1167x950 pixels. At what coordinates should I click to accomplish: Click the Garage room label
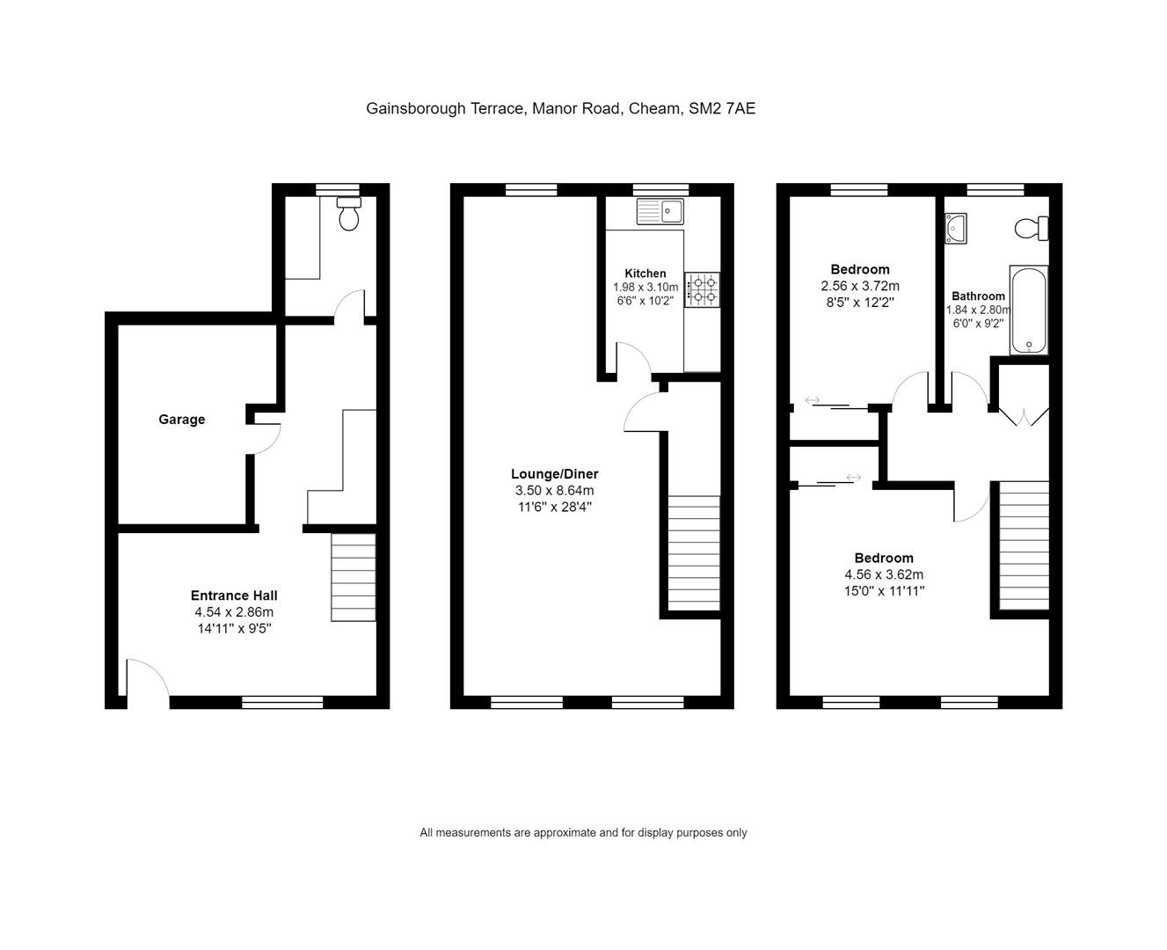tap(181, 420)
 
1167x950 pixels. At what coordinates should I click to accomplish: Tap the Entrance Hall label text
tap(234, 596)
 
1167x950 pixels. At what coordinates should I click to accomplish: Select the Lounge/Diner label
tap(554, 474)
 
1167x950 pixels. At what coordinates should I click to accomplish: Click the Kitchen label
tap(645, 274)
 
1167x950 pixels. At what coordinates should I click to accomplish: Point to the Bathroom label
tap(978, 296)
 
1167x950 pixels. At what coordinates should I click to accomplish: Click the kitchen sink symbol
tap(660, 211)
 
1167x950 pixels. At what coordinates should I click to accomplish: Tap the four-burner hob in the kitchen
tap(702, 289)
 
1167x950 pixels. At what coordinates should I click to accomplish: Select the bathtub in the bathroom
tap(1028, 311)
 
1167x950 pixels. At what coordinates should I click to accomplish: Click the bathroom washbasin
tap(955, 228)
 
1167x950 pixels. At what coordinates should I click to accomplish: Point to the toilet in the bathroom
tap(1031, 229)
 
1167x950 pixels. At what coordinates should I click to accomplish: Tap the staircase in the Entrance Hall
tap(353, 577)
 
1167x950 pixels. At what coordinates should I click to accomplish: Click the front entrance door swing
tap(147, 681)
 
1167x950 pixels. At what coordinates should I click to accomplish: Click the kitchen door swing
tap(633, 361)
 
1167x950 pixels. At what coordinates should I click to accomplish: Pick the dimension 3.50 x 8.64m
tap(554, 491)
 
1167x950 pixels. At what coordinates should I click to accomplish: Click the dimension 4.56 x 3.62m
tap(884, 574)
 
